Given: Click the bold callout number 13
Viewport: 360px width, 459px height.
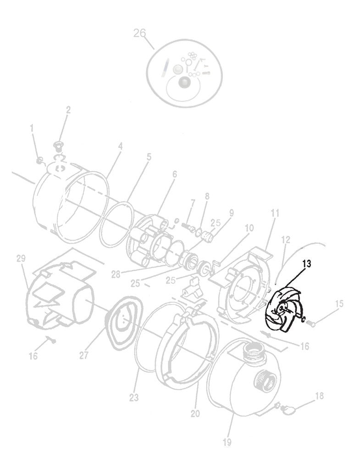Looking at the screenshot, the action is pos(307,264).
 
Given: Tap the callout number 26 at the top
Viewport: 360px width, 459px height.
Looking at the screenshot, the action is pos(139,33).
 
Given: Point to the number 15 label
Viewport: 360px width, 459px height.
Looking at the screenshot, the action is pos(339,303).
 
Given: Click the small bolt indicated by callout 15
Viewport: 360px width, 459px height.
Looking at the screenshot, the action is pos(311,324).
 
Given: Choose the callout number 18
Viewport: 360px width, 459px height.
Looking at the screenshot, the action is pos(319,396).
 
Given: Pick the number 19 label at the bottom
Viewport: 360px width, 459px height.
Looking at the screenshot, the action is pos(227,442).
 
